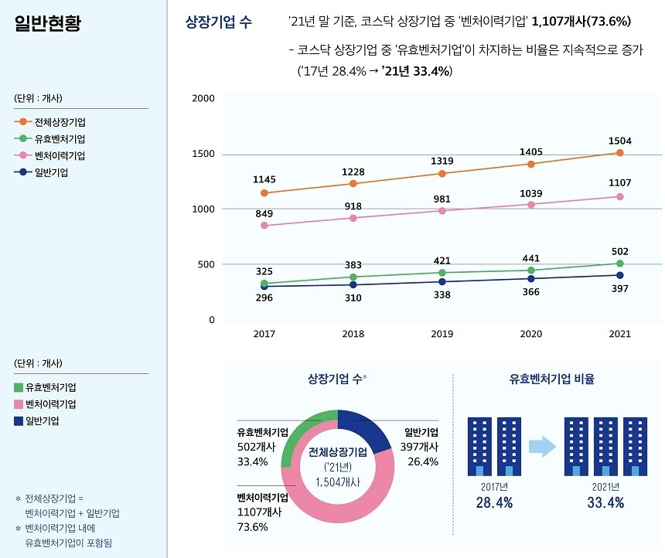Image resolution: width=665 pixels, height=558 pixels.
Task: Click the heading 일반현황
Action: (47, 22)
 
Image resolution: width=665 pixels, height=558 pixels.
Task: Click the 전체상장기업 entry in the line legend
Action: (60, 122)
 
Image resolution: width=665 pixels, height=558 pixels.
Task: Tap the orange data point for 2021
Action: (619, 153)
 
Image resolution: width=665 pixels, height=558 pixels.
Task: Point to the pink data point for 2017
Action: (264, 226)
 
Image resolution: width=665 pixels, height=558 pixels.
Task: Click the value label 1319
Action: (442, 161)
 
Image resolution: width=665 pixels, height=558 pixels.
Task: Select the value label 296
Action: (264, 298)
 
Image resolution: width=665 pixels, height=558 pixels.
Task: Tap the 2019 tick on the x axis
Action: (442, 335)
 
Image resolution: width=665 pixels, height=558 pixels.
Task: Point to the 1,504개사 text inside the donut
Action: (338, 481)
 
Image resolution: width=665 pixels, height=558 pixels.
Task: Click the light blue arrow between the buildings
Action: (542, 447)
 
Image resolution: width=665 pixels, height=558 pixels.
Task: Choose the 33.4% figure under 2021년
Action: (605, 503)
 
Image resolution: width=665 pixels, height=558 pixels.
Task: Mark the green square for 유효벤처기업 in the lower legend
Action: (19, 387)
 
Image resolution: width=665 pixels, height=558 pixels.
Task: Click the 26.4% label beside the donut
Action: (422, 461)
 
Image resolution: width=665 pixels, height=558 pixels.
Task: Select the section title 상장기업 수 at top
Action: (219, 22)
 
